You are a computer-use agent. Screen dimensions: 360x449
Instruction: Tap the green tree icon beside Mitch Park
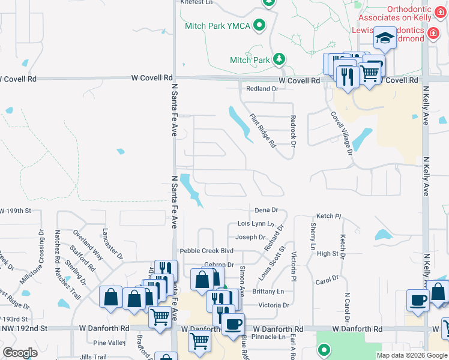pos(279,59)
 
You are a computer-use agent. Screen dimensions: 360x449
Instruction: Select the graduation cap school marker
pos(384,39)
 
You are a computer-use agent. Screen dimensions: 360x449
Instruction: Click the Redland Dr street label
pos(262,89)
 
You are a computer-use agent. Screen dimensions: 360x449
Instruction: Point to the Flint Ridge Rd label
pos(262,131)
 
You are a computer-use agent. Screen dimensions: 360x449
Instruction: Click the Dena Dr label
pos(266,210)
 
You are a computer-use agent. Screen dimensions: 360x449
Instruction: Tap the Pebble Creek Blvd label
pos(206,251)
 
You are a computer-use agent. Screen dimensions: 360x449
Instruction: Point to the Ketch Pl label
pos(328,215)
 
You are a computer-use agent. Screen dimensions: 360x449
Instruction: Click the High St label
pos(327,254)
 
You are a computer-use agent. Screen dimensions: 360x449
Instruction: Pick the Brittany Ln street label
pos(268,292)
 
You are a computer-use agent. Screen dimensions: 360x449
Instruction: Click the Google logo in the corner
pos(20,353)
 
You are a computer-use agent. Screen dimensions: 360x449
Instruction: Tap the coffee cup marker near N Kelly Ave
pos(417,301)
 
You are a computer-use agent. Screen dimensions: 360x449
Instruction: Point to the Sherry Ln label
pos(313,236)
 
